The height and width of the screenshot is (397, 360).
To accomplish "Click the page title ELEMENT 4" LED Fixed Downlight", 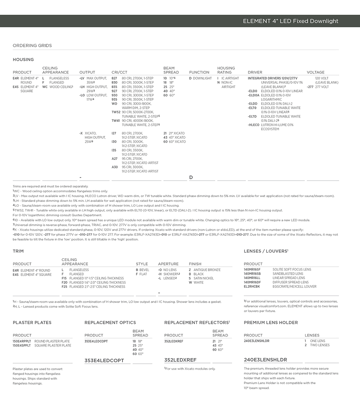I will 290,21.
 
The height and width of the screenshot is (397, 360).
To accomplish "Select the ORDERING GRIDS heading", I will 32,46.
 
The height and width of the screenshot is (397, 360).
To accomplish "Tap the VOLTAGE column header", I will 316,72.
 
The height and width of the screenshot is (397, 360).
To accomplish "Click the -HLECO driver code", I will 254,125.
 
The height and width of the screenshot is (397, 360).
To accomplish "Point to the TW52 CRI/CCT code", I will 116,112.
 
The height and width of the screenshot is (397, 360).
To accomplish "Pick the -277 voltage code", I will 310,87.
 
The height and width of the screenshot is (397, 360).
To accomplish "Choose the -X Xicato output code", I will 82,133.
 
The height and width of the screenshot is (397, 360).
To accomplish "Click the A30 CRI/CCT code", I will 114,167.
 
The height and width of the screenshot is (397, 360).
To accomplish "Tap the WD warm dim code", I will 114,104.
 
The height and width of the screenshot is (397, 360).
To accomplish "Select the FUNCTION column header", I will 199,72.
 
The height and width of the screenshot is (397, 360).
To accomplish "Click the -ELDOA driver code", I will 254,95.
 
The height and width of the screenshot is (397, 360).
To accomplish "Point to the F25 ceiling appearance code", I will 64,287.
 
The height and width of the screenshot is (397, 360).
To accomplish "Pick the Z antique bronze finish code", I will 190,270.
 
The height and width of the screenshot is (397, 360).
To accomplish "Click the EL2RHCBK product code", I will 252,287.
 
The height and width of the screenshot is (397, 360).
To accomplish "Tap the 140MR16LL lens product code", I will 252,278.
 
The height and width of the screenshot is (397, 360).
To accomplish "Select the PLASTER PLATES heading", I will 32,322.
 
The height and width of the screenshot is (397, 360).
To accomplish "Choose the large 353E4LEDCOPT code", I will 104,360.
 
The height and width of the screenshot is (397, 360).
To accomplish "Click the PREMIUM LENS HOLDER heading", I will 271,322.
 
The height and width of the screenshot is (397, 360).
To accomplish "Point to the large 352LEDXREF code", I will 180,360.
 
